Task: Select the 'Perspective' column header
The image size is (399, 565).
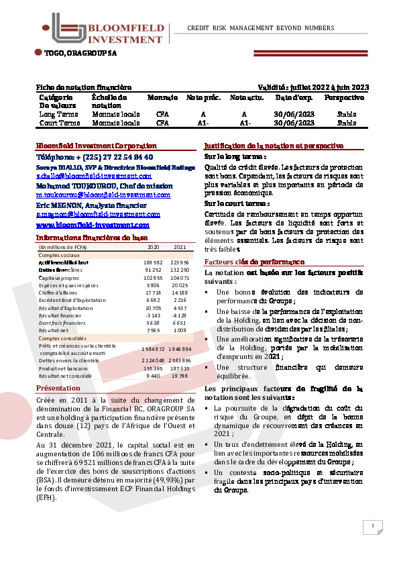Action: coord(344,97)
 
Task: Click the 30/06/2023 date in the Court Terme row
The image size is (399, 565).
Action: coord(294,123)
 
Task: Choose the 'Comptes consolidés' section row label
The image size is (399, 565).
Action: coord(62,339)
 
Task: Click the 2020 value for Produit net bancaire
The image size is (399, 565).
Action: coord(154,368)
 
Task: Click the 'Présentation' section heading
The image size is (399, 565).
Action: coord(58,389)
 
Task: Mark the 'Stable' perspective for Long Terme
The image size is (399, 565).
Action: coord(347,115)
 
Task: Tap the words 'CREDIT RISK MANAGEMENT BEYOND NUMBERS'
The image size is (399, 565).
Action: coord(260,28)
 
